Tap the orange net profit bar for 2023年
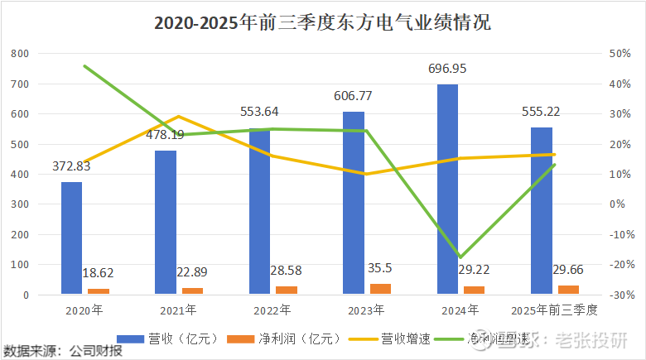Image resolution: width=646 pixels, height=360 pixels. point(381,289)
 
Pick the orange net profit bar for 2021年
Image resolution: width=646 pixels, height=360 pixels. point(192,290)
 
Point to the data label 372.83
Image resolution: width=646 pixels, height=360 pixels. point(71,166)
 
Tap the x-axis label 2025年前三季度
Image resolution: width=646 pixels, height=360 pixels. point(553,311)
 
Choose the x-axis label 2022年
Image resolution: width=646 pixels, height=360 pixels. point(272,311)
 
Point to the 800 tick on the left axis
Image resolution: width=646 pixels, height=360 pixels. point(21,54)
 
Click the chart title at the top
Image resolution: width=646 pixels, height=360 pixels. point(322,22)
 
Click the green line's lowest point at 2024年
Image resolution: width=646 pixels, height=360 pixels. point(460,257)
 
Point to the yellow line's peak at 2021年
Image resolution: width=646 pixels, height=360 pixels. point(179,117)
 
